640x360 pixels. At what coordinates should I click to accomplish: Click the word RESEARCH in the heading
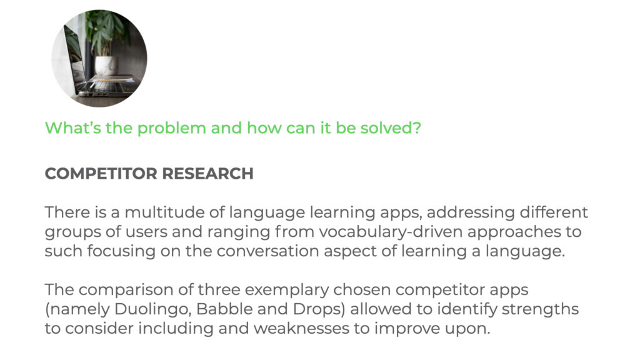(207, 174)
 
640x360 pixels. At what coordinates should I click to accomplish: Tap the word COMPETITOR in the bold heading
(101, 174)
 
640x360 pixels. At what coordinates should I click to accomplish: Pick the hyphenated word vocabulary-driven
(391, 232)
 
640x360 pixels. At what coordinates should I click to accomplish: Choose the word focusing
(121, 251)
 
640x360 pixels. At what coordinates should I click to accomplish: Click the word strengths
(540, 309)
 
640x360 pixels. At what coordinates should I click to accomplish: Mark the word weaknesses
(301, 328)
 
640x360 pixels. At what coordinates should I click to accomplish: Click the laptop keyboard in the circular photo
(102, 86)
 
